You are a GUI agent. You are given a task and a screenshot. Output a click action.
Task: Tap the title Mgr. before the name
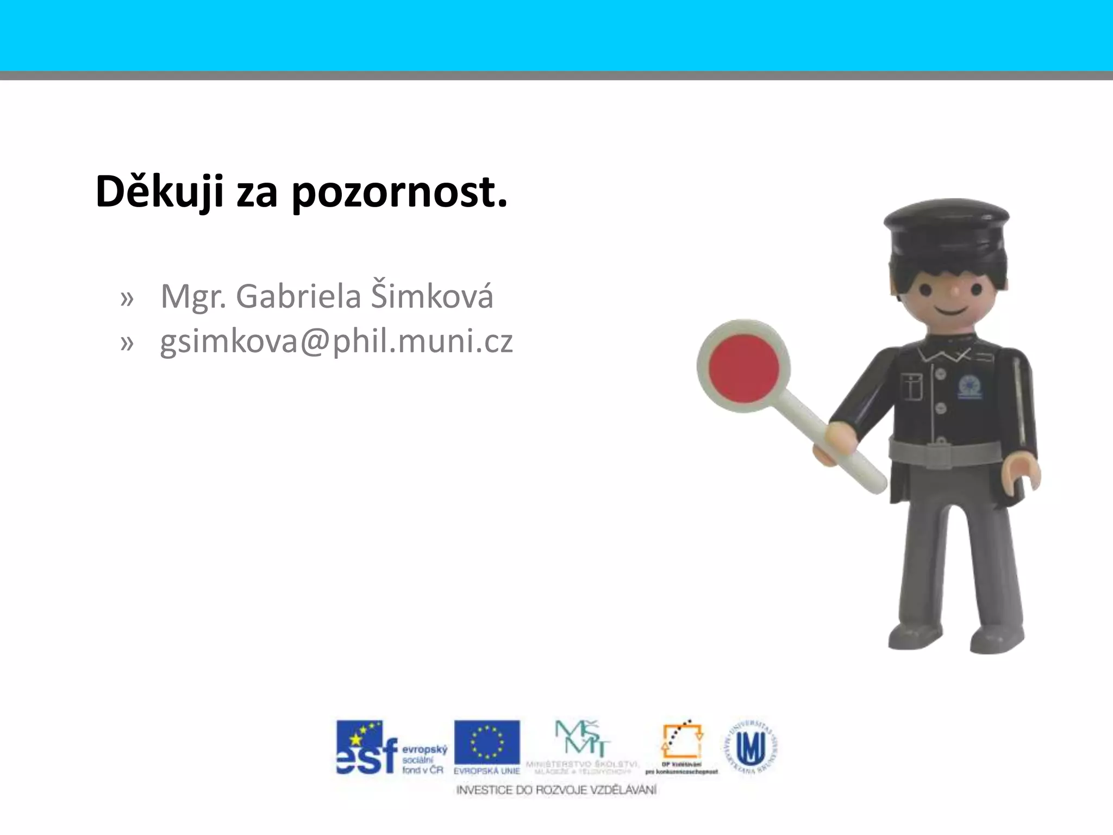click(193, 297)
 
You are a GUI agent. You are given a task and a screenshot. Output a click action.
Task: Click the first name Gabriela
click(298, 296)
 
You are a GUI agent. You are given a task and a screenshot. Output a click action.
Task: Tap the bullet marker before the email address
click(127, 342)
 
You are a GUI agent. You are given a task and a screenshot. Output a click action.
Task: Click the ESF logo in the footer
click(391, 747)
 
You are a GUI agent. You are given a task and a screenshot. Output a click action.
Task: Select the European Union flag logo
click(487, 743)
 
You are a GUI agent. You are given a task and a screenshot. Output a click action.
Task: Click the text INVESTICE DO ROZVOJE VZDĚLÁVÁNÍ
click(556, 790)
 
